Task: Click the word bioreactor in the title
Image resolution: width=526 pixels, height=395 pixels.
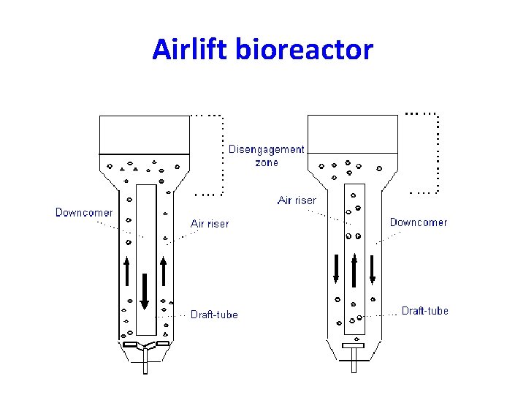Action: [x=302, y=50]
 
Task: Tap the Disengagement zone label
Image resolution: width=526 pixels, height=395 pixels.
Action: [x=267, y=156]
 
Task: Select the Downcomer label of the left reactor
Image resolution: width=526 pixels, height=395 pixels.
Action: [x=84, y=213]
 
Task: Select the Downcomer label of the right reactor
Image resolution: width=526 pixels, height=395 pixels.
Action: [x=419, y=222]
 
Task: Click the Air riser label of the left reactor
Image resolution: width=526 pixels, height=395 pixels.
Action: [x=210, y=224]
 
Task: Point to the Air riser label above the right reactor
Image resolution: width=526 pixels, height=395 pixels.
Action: [x=297, y=200]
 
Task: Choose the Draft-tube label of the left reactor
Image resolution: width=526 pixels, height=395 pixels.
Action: [x=214, y=315]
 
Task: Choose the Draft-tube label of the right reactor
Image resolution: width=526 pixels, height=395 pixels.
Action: [x=425, y=311]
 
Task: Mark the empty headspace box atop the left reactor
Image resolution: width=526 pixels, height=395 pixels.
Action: [x=144, y=135]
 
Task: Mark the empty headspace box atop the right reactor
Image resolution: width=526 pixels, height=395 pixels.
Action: [x=354, y=135]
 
